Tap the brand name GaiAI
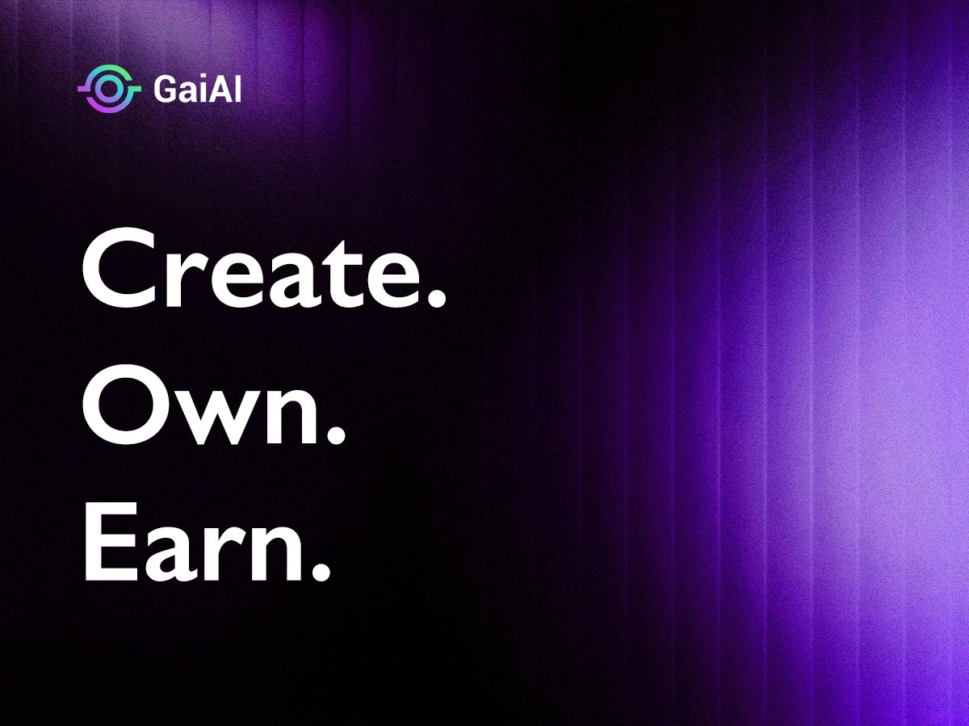[x=196, y=89]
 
